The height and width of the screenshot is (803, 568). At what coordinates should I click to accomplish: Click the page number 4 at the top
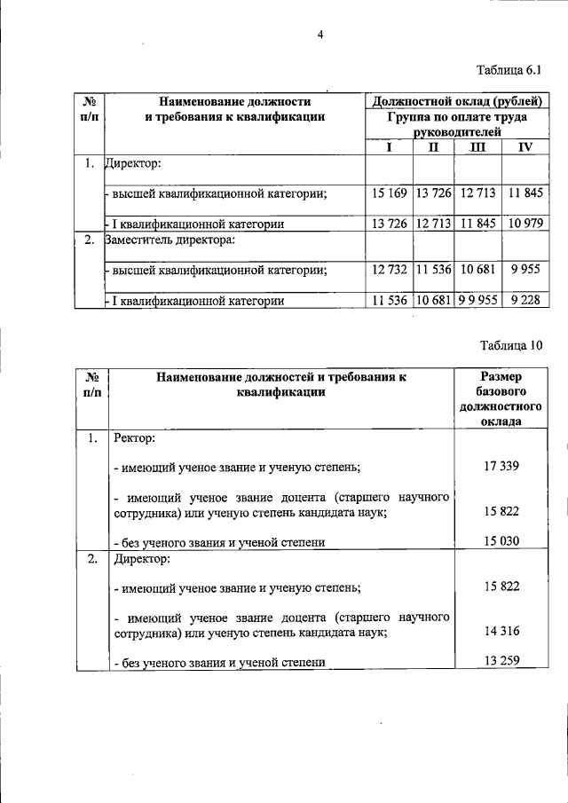321,35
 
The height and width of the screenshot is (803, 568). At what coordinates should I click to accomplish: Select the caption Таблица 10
510,345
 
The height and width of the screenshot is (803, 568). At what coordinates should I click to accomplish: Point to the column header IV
525,147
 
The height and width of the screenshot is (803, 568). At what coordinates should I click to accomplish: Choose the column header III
477,147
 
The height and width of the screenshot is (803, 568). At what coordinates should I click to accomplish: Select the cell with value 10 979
525,224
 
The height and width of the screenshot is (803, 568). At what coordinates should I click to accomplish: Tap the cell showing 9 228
525,301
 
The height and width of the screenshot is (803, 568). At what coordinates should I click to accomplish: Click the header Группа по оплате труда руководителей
457,123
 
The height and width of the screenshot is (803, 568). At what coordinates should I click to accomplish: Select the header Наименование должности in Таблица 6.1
234,101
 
